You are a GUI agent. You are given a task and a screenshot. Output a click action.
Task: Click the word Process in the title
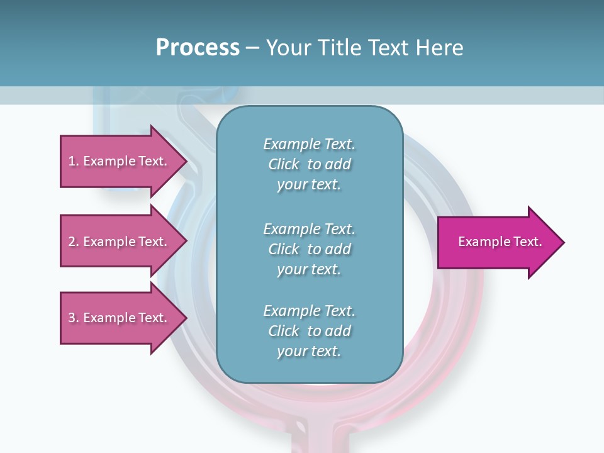[x=198, y=48]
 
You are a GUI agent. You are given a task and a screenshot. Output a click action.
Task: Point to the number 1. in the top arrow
[x=74, y=161]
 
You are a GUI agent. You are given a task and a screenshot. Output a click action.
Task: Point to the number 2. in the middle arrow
[x=74, y=242]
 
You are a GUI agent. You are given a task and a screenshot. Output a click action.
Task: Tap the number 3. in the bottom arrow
[x=74, y=318]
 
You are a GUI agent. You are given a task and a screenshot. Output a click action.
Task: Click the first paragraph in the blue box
[x=309, y=164]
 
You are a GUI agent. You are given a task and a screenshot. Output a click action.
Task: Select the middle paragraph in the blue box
[x=309, y=249]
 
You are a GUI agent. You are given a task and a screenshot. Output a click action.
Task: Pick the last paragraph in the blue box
[x=309, y=331]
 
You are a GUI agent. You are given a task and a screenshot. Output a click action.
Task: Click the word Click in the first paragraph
[x=284, y=164]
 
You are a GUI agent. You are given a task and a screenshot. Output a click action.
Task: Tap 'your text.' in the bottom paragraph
[x=309, y=351]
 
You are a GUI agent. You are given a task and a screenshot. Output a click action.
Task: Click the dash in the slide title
[x=252, y=48]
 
